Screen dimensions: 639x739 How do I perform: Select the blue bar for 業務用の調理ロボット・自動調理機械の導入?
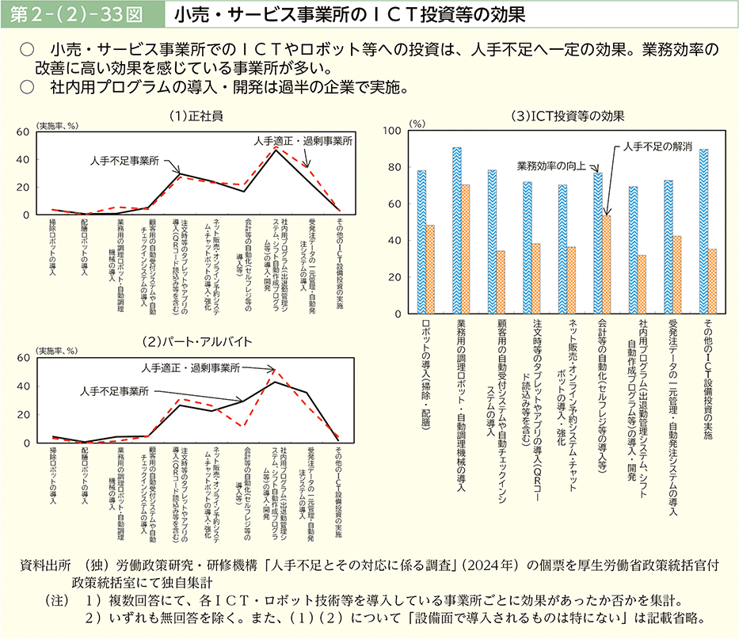457,230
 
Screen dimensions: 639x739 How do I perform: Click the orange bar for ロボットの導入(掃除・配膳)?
430,269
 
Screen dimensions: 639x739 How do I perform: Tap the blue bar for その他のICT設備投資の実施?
703,231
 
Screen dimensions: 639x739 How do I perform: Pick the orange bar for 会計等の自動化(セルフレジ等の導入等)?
607,264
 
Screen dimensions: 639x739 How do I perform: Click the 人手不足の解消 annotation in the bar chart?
657,146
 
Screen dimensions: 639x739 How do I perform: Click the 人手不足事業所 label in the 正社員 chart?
124,160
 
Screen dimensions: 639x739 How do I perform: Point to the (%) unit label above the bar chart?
417,124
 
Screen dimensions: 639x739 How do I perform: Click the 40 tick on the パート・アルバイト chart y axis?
24,386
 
